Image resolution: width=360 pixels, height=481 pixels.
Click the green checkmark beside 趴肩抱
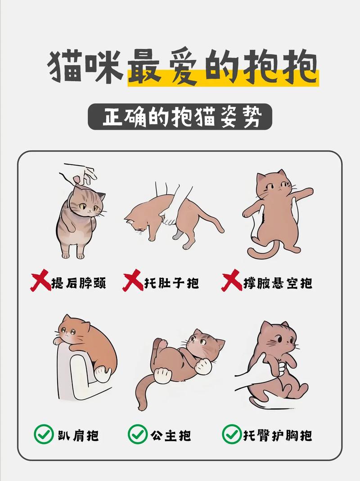tap(44, 435)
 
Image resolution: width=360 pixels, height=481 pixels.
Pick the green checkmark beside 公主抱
tap(137, 435)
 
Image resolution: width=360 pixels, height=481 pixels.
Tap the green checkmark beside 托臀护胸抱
tap(231, 435)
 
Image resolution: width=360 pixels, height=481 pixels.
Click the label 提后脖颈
tap(79, 283)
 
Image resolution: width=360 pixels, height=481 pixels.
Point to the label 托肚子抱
tap(171, 283)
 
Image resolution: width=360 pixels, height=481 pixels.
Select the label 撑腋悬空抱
tap(278, 283)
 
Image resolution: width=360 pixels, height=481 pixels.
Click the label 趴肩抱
tap(78, 435)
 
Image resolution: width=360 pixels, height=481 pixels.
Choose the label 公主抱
tap(171, 435)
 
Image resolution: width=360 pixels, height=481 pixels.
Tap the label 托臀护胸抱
tap(278, 435)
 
